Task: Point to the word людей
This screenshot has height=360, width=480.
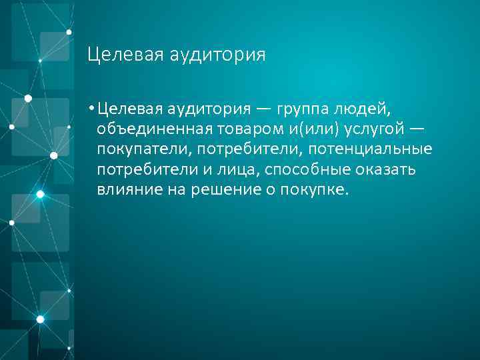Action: point(375,108)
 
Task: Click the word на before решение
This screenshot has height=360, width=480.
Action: point(179,189)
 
